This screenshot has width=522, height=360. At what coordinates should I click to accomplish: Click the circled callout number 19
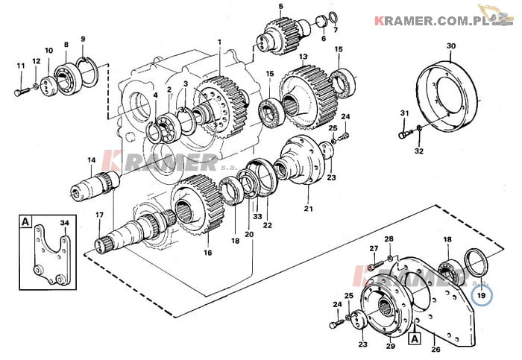pyautogui.click(x=482, y=295)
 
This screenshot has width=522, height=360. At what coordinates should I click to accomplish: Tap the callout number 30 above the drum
pyautogui.click(x=450, y=46)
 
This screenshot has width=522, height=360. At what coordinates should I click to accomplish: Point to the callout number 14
pyautogui.click(x=92, y=160)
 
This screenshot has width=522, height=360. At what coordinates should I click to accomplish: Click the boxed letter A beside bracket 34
pyautogui.click(x=25, y=221)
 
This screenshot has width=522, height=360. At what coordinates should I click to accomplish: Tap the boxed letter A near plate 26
pyautogui.click(x=415, y=338)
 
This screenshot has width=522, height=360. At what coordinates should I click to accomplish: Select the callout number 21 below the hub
pyautogui.click(x=308, y=209)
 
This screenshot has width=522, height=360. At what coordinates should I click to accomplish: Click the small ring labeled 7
pyautogui.click(x=333, y=16)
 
